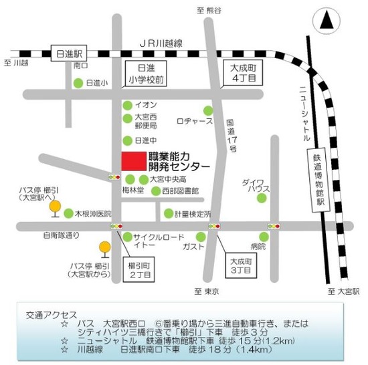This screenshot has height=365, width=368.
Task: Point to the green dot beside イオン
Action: point(127,105)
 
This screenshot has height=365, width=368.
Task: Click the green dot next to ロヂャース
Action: point(209,110)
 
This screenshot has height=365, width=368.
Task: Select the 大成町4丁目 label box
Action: point(239,72)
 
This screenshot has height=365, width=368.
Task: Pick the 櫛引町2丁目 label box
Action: point(141,268)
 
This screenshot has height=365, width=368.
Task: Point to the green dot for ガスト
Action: point(201,237)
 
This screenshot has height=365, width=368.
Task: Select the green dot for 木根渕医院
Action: point(69,213)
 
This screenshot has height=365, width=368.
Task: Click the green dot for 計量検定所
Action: point(167,214)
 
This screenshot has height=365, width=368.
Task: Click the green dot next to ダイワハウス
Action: point(262,197)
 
